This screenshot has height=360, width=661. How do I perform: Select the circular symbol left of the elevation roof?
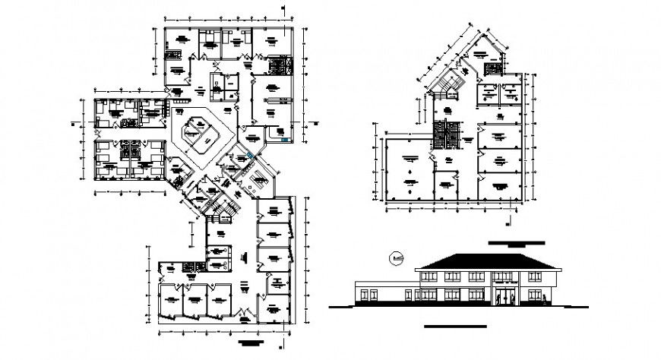coord(395,260)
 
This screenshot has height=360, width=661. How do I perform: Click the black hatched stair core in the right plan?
coord(444,134)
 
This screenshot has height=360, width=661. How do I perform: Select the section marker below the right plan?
coord(508,222)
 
